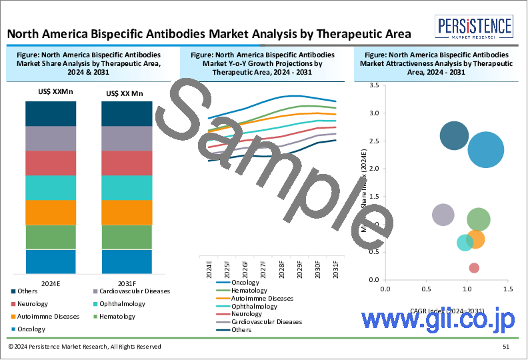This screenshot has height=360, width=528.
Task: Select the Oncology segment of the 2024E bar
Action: [x=51, y=261]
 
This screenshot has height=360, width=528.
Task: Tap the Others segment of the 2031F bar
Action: [x=127, y=113]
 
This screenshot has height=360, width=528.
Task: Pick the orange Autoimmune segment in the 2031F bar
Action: [x=127, y=212]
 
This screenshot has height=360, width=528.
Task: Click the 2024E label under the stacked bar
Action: [x=51, y=282]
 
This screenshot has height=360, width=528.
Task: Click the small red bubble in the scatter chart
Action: [x=474, y=268]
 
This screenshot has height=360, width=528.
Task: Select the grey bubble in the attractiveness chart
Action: [x=443, y=215]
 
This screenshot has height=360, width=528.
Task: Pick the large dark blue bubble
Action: [x=455, y=136]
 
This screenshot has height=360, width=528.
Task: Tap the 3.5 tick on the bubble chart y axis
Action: [x=374, y=85]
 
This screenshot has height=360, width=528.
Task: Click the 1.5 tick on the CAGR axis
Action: [x=507, y=289]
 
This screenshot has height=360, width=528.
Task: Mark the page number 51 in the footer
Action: [x=506, y=347]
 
